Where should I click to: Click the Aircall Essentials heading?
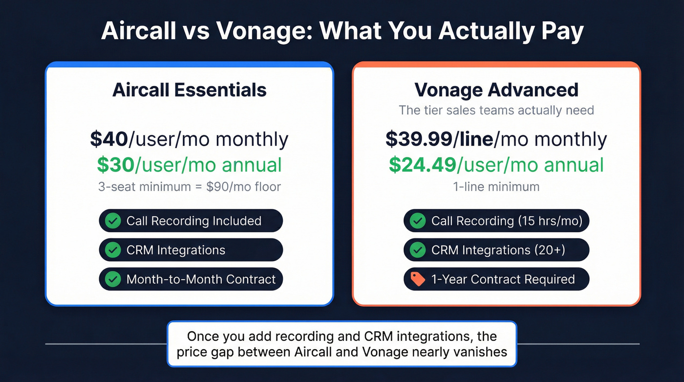point(190,90)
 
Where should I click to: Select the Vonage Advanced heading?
point(496,90)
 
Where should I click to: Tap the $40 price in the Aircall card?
point(109,139)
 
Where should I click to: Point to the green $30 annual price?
point(115,165)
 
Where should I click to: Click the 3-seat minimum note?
point(190,187)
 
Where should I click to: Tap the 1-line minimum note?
point(496,187)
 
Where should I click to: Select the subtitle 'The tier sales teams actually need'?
point(496,110)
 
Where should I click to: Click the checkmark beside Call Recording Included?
point(113,221)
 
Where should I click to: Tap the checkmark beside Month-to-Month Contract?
point(113,279)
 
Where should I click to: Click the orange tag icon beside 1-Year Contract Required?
point(418,279)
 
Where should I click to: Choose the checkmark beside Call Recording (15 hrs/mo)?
point(418,221)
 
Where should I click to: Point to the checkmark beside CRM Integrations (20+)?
point(418,250)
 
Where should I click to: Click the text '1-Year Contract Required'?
point(503,279)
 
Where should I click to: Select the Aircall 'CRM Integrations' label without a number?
point(176,250)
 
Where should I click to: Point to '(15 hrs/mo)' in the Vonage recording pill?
point(550,221)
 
